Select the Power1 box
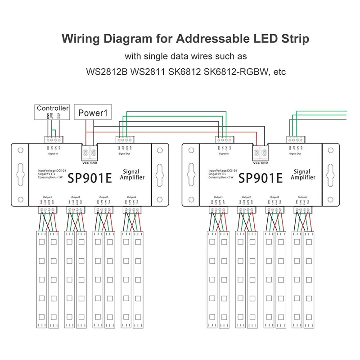[x=94, y=112]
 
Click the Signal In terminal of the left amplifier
[x=53, y=139]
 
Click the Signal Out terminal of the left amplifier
[x=124, y=139]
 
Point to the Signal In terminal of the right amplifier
[x=224, y=139]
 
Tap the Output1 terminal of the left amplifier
[x=48, y=209]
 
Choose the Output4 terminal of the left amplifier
[x=132, y=209]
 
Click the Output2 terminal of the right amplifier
[x=246, y=209]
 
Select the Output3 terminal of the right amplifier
[x=274, y=209]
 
